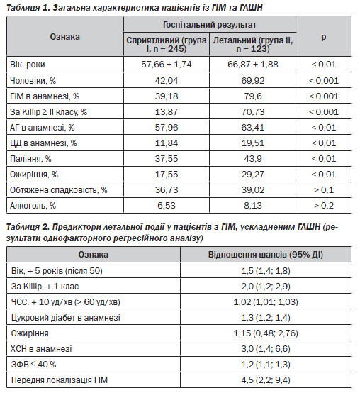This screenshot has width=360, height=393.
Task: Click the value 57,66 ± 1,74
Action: tap(167, 65)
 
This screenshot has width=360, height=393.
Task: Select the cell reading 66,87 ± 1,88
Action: tap(252, 65)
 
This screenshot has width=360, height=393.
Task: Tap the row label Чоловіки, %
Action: tap(33, 81)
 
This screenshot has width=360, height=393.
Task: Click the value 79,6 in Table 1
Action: tap(252, 96)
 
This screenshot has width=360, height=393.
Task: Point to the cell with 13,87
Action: tap(167, 112)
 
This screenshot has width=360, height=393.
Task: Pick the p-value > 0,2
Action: tap(323, 206)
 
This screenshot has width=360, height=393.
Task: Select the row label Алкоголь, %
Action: tap(33, 206)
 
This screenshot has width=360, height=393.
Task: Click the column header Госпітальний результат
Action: tap(210, 25)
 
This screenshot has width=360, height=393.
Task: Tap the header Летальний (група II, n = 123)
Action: tap(252, 44)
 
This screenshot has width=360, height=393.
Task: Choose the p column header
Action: tap(323, 37)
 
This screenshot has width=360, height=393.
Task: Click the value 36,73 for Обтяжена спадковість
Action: tap(167, 190)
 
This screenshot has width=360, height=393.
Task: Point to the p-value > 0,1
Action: tap(323, 190)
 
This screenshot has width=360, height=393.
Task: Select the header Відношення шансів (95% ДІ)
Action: tap(266, 255)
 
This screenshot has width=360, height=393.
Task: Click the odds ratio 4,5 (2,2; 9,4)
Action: tap(266, 380)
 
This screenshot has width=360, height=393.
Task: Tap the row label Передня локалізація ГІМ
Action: tap(60, 380)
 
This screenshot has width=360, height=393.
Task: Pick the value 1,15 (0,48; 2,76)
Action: tap(266, 333)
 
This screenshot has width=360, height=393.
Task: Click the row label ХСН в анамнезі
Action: tap(41, 349)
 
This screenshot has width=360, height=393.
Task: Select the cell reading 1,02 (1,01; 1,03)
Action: tap(266, 302)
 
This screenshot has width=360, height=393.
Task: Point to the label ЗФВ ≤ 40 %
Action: tap(33, 365)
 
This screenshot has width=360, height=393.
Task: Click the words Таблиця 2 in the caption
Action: tap(28, 227)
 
